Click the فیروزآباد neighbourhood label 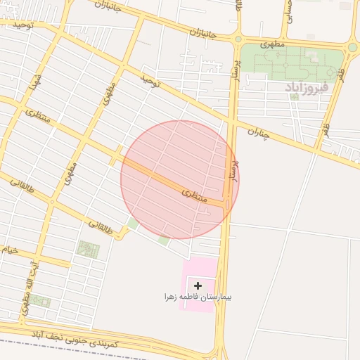click(307, 86)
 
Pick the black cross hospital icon click(198, 285)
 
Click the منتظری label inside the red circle click(195, 195)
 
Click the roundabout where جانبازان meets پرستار click(238, 39)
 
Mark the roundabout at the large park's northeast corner click(352, 47)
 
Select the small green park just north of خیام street click(88, 249)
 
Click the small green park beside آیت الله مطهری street click(39, 301)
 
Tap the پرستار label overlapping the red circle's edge click(228, 167)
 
